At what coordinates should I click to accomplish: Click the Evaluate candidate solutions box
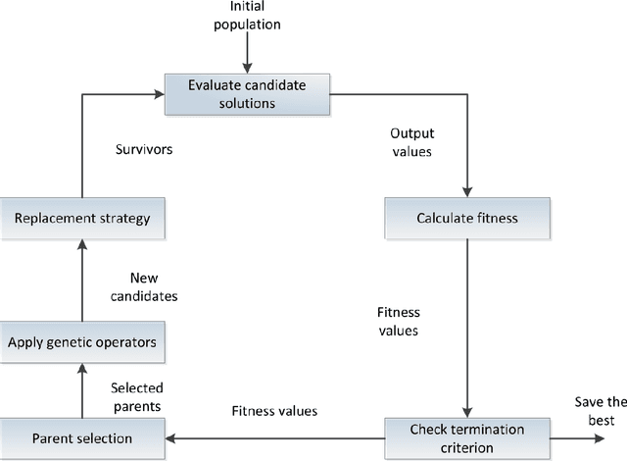point(247,94)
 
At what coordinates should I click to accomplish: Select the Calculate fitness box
point(466,218)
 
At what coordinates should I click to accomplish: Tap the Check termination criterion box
point(466,436)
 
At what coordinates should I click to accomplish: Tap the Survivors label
point(143,152)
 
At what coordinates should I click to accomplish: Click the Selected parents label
point(137,396)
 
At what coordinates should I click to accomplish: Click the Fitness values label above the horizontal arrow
point(273,411)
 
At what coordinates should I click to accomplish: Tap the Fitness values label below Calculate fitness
point(398,322)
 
